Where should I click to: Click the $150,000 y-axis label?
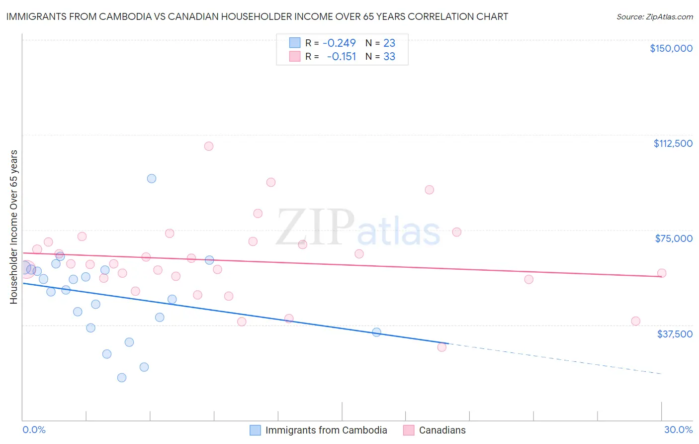coord(671,48)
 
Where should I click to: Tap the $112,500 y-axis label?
coord(673,143)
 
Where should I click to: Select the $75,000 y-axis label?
coord(674,238)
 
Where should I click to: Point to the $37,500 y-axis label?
coord(674,334)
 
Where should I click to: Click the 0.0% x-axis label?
coord(34,430)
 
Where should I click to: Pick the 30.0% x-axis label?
coord(678,430)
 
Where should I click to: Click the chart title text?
coord(257,16)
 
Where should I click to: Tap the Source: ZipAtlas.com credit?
coord(654,16)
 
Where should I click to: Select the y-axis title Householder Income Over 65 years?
coord(13,226)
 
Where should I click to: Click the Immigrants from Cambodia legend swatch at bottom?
coord(255,430)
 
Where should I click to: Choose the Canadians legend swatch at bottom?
coord(409,430)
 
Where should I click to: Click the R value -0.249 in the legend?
coord(339,43)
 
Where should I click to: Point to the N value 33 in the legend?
coord(389,57)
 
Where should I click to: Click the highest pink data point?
coord(209,146)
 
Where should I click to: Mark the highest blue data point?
coord(152,178)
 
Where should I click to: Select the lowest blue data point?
coord(122,377)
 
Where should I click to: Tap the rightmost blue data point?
coord(376,332)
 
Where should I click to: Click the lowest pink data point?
coord(441,347)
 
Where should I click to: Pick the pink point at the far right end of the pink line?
coord(661,273)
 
